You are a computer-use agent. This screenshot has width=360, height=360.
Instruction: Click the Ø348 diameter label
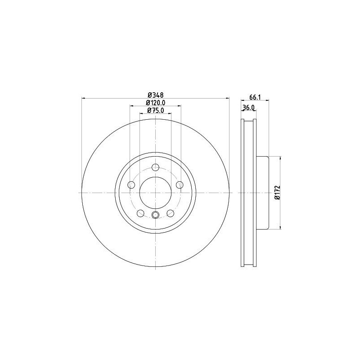(x=155, y=95)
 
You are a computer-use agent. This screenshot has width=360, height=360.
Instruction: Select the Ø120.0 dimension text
(x=155, y=103)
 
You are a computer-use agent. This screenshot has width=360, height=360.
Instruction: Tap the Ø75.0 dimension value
(x=155, y=111)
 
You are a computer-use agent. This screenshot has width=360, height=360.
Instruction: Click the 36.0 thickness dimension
(x=248, y=108)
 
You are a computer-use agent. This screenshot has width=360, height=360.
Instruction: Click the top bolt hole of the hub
(x=156, y=168)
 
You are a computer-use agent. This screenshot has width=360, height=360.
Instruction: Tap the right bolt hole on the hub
(x=180, y=185)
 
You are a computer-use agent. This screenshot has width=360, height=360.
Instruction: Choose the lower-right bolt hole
(x=171, y=213)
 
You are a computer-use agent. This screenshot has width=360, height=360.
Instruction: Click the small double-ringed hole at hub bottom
(x=156, y=214)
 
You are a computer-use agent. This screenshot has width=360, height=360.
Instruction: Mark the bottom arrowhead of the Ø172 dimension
(x=281, y=228)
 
